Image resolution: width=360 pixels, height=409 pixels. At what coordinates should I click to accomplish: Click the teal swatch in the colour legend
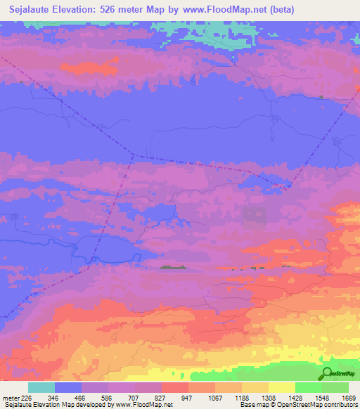pos(41,387)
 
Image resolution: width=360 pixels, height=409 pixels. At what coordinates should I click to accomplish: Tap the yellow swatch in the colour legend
pos(282,387)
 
